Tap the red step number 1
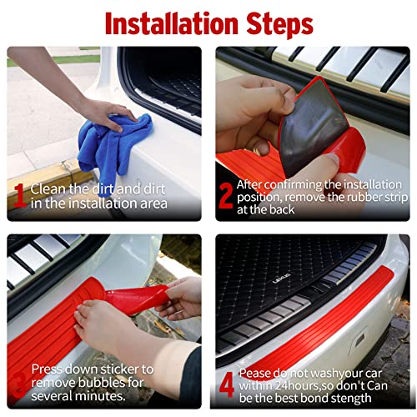(x=18, y=194)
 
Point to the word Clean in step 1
(x=47, y=188)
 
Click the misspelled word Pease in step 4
(x=254, y=374)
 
